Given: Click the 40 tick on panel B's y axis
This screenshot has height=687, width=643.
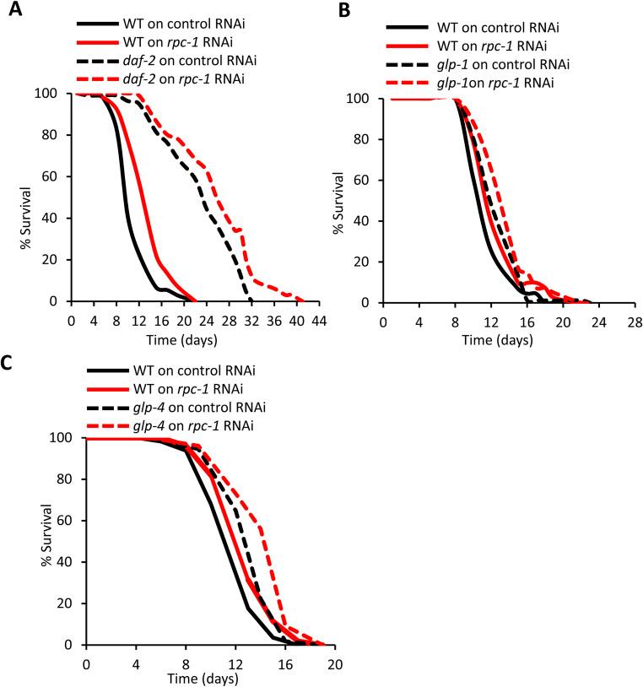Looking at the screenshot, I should (365, 221).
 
